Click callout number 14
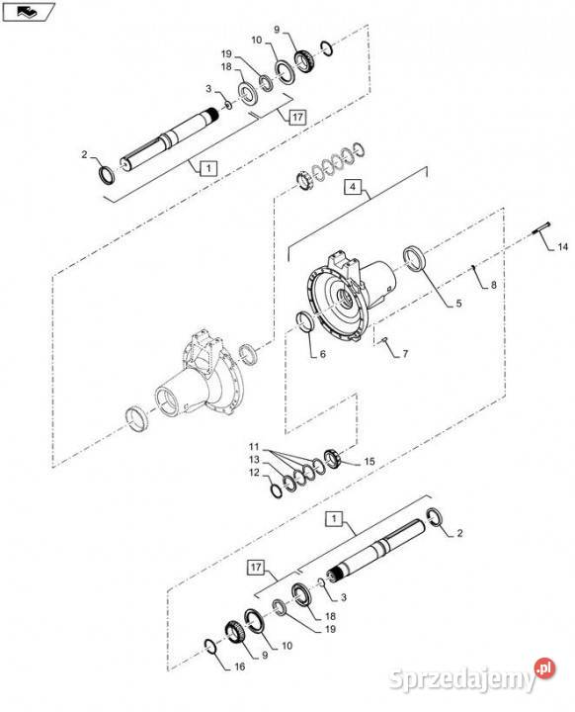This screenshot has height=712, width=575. click(563, 247)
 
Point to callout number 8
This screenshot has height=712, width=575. click(493, 285)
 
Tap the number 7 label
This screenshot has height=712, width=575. click(405, 353)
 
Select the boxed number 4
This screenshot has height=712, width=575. click(353, 187)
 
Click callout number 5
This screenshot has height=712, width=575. click(458, 303)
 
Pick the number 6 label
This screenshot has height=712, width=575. click(323, 354)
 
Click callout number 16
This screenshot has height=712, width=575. click(240, 667)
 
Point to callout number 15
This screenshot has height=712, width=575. click(370, 462)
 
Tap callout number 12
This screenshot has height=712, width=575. click(255, 473)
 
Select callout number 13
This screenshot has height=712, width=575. click(255, 460)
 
